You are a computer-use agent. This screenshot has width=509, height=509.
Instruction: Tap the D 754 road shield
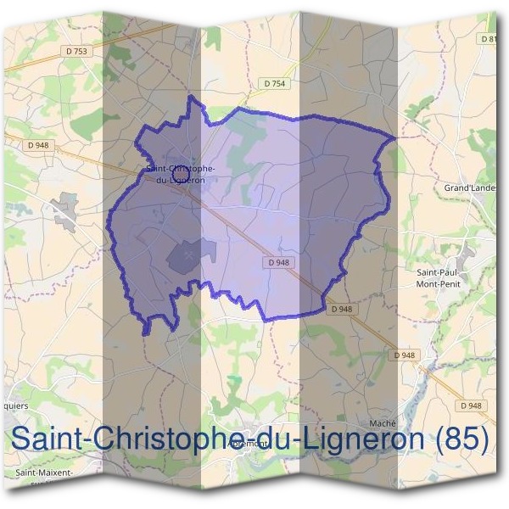pos(274,83)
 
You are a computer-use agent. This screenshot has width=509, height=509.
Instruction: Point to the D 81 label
pos(489,39)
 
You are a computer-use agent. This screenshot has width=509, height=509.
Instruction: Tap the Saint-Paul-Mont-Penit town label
pos(438,277)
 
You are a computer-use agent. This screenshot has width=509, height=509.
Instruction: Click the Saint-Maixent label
pos(44,473)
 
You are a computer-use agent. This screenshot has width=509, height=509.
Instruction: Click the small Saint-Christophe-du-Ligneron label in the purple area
pos(181,174)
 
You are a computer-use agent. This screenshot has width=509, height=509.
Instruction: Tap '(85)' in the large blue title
pos(461,439)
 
